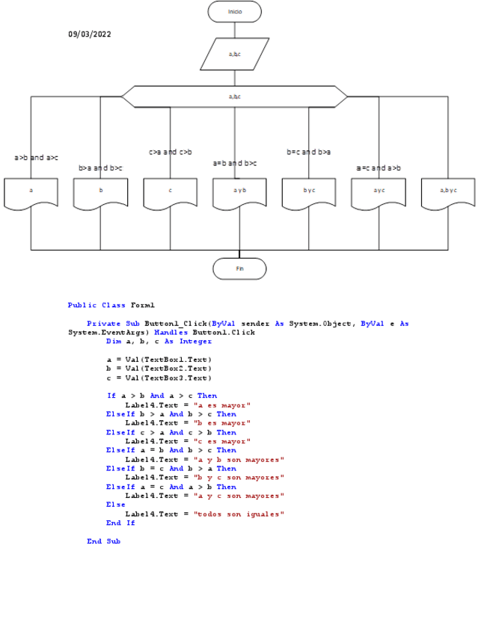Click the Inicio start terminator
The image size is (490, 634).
click(235, 12)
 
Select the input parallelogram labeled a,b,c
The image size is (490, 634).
click(234, 54)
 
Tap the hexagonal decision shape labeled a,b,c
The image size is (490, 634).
click(234, 96)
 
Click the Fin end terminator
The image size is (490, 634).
click(239, 268)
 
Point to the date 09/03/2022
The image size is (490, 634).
click(90, 34)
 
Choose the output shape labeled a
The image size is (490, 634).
click(31, 191)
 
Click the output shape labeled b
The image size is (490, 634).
click(100, 191)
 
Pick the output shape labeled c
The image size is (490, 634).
click(170, 191)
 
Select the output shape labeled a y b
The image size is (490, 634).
click(239, 191)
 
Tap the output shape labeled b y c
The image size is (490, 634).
click(309, 191)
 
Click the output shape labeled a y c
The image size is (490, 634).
click(379, 191)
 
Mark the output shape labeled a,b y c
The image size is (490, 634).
click(448, 191)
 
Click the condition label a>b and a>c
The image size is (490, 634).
click(36, 158)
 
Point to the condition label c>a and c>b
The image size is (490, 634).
click(171, 152)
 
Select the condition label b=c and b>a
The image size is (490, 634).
click(308, 152)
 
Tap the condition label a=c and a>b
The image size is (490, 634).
click(379, 168)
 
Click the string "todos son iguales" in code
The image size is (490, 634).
click(239, 514)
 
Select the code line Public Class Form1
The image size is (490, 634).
click(111, 305)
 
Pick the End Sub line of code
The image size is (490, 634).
click(103, 541)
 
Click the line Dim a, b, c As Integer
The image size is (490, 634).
click(159, 342)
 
